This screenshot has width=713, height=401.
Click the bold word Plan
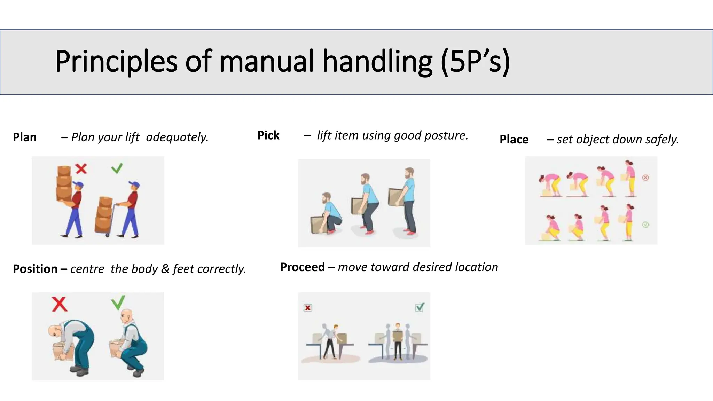tap(25, 137)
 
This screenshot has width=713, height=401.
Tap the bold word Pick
tap(268, 135)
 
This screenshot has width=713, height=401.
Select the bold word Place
tap(514, 139)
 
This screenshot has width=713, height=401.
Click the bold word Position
tap(35, 269)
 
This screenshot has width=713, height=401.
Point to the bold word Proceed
tap(302, 267)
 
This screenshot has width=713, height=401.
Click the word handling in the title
tap(377, 62)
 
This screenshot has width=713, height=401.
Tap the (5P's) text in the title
tap(475, 62)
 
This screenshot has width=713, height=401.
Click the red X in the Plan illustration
tap(81, 169)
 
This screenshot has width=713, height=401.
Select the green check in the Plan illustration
tap(117, 168)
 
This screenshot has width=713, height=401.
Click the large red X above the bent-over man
tap(60, 304)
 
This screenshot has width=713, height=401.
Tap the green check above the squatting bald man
tap(118, 302)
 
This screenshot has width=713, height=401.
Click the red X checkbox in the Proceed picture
tap(308, 308)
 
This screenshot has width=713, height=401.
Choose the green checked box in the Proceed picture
tap(420, 307)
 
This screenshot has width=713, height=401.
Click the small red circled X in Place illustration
tap(645, 178)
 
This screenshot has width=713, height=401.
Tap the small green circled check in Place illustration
tap(645, 225)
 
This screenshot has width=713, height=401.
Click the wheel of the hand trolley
tap(108, 235)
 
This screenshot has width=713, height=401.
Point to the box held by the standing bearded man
tap(396, 197)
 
